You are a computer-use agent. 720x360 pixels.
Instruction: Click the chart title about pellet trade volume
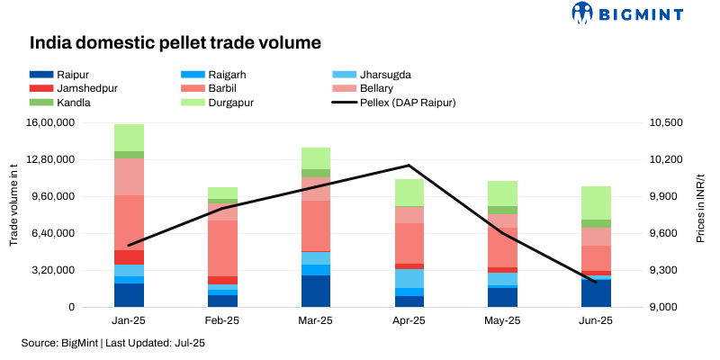pyautogui.click(x=175, y=42)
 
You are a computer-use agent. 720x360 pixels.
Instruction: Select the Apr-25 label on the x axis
pyautogui.click(x=409, y=320)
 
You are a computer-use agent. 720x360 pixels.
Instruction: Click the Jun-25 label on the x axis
pyautogui.click(x=595, y=320)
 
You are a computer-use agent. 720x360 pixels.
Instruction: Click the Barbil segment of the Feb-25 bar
pyautogui.click(x=223, y=247)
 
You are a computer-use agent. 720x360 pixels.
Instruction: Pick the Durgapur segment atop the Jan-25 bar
pyautogui.click(x=130, y=137)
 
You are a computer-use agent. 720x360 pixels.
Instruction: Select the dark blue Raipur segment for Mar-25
pyautogui.click(x=317, y=291)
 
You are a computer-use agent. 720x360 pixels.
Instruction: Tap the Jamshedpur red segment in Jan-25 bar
pyautogui.click(x=130, y=257)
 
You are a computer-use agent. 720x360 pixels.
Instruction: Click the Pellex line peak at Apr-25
pyautogui.click(x=409, y=166)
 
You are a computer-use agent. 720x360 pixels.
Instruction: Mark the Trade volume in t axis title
pyautogui.click(x=14, y=214)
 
